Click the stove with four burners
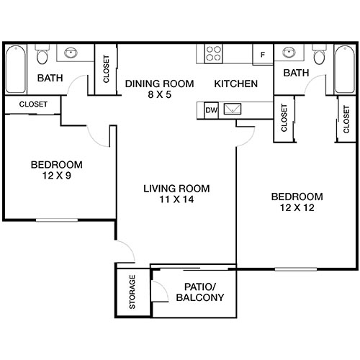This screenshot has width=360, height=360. [215, 54]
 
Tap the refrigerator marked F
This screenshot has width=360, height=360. [263, 55]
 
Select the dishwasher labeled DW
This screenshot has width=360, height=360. [211, 110]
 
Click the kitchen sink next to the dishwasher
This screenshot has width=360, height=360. [234, 110]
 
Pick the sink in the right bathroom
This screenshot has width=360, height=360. [290, 53]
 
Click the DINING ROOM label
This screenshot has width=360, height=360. [159, 84]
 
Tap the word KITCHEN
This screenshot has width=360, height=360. [235, 84]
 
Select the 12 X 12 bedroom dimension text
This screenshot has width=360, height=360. [296, 208]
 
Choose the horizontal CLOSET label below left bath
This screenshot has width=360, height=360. [32, 104]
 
